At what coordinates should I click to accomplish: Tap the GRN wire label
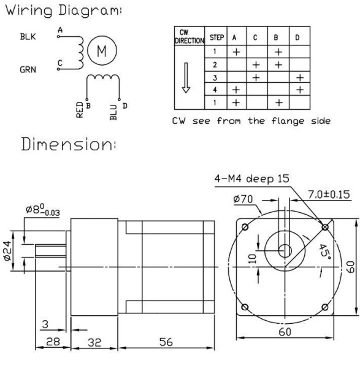pyautogui.click(x=28, y=69)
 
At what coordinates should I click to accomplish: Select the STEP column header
pyautogui.click(x=216, y=37)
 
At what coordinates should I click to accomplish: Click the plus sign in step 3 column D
pyautogui.click(x=299, y=78)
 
